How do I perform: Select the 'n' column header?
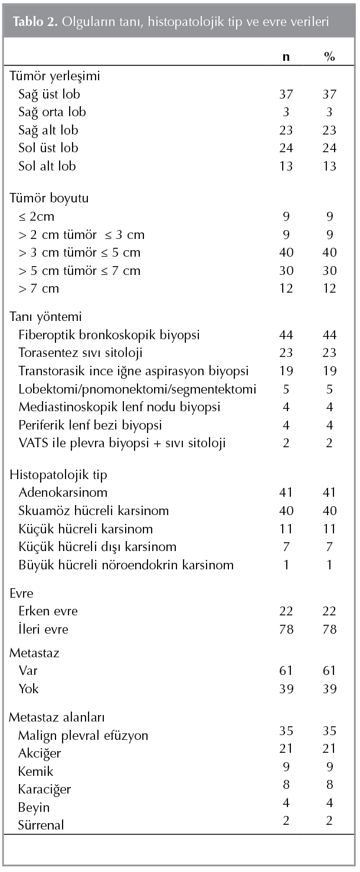point(286,57)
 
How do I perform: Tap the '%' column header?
point(329,57)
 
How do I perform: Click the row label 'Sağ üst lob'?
point(49,94)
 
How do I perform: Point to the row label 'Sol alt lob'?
point(47,166)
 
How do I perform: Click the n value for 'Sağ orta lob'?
point(286,112)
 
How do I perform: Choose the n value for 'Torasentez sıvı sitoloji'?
point(286,353)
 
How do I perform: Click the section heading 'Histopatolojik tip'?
point(50,475)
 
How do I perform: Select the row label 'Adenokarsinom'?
point(63,492)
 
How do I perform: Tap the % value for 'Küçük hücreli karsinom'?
point(329,529)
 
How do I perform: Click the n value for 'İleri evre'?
point(286,630)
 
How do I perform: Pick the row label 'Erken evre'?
point(48,611)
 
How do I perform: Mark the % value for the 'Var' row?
point(329,670)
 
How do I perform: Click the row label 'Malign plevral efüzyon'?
point(83,735)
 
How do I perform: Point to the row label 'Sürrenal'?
point(41,825)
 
